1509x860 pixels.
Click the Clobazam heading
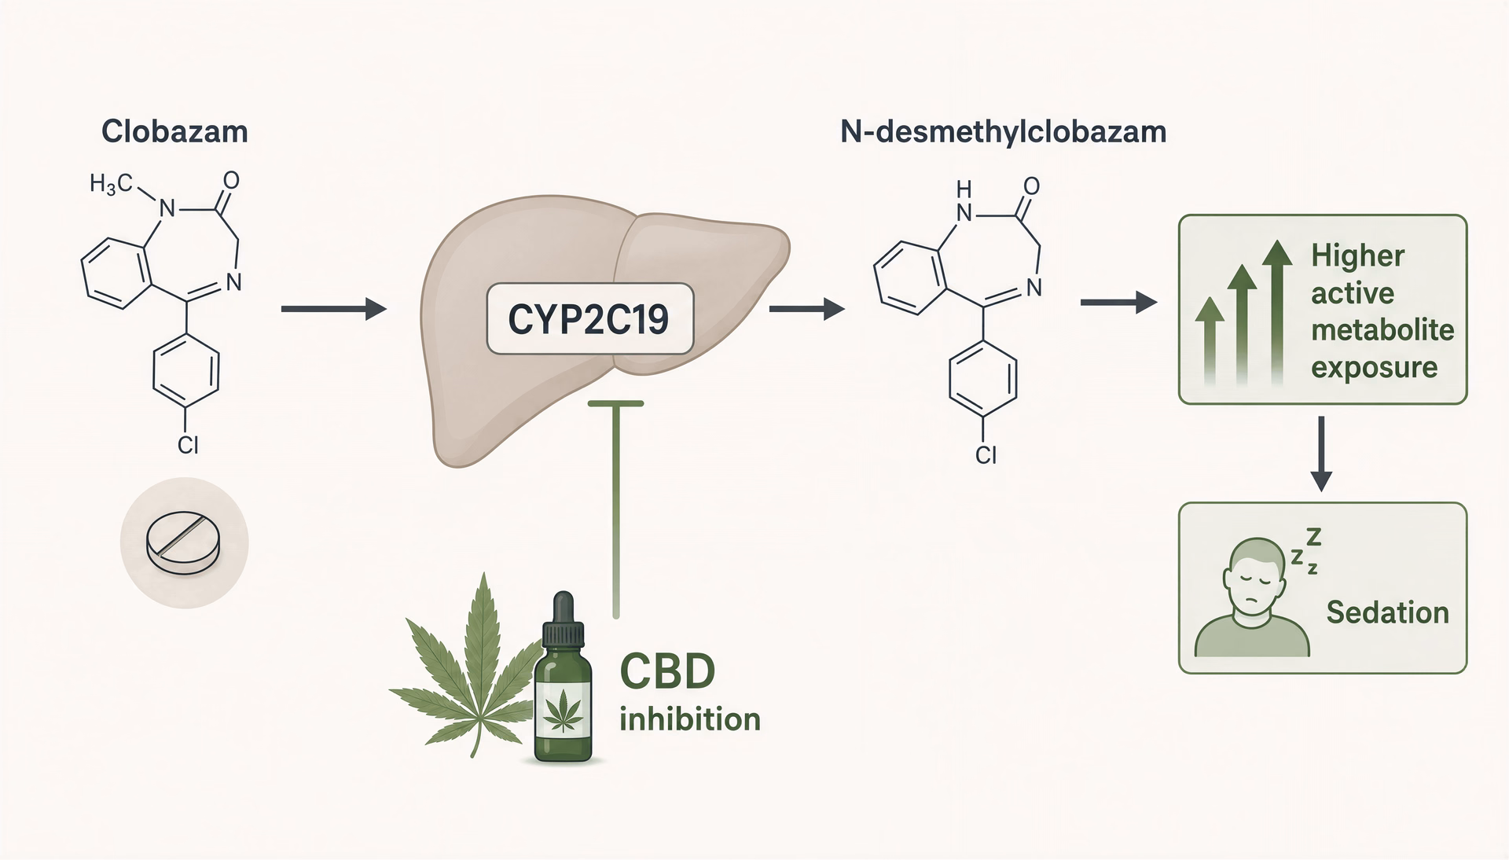click(x=174, y=131)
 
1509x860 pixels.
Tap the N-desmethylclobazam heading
click(x=1004, y=131)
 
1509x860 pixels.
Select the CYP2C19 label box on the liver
click(x=590, y=318)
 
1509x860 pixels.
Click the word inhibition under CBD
click(x=689, y=719)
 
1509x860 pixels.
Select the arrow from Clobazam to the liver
click(x=334, y=310)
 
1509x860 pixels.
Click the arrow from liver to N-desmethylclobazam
click(x=807, y=309)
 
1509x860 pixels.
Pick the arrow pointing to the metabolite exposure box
click(x=1119, y=302)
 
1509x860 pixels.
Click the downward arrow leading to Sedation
click(x=1322, y=454)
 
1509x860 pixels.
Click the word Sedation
click(x=1387, y=612)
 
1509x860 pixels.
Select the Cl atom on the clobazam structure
click(x=188, y=445)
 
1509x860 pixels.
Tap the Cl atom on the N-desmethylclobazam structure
click(x=986, y=454)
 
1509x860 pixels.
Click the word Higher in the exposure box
click(x=1357, y=255)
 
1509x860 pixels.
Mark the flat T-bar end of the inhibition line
click(x=615, y=403)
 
